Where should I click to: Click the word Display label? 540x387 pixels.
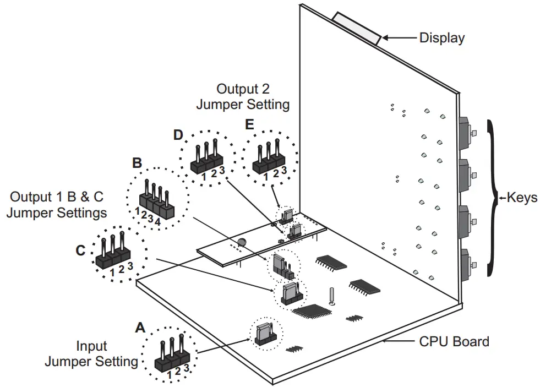point(441,38)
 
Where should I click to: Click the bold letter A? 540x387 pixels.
point(140,328)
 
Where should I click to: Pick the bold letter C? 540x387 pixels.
point(80,250)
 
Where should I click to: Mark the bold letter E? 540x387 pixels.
point(250,125)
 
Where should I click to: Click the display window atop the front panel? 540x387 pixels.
point(356,28)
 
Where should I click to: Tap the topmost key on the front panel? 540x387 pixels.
point(466,133)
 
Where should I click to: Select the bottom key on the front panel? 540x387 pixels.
point(466,266)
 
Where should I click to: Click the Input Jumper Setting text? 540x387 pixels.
point(91,354)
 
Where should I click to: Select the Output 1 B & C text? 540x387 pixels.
point(57,204)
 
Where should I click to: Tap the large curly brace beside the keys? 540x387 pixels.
point(492,197)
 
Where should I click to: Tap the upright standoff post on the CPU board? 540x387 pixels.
point(332,296)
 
